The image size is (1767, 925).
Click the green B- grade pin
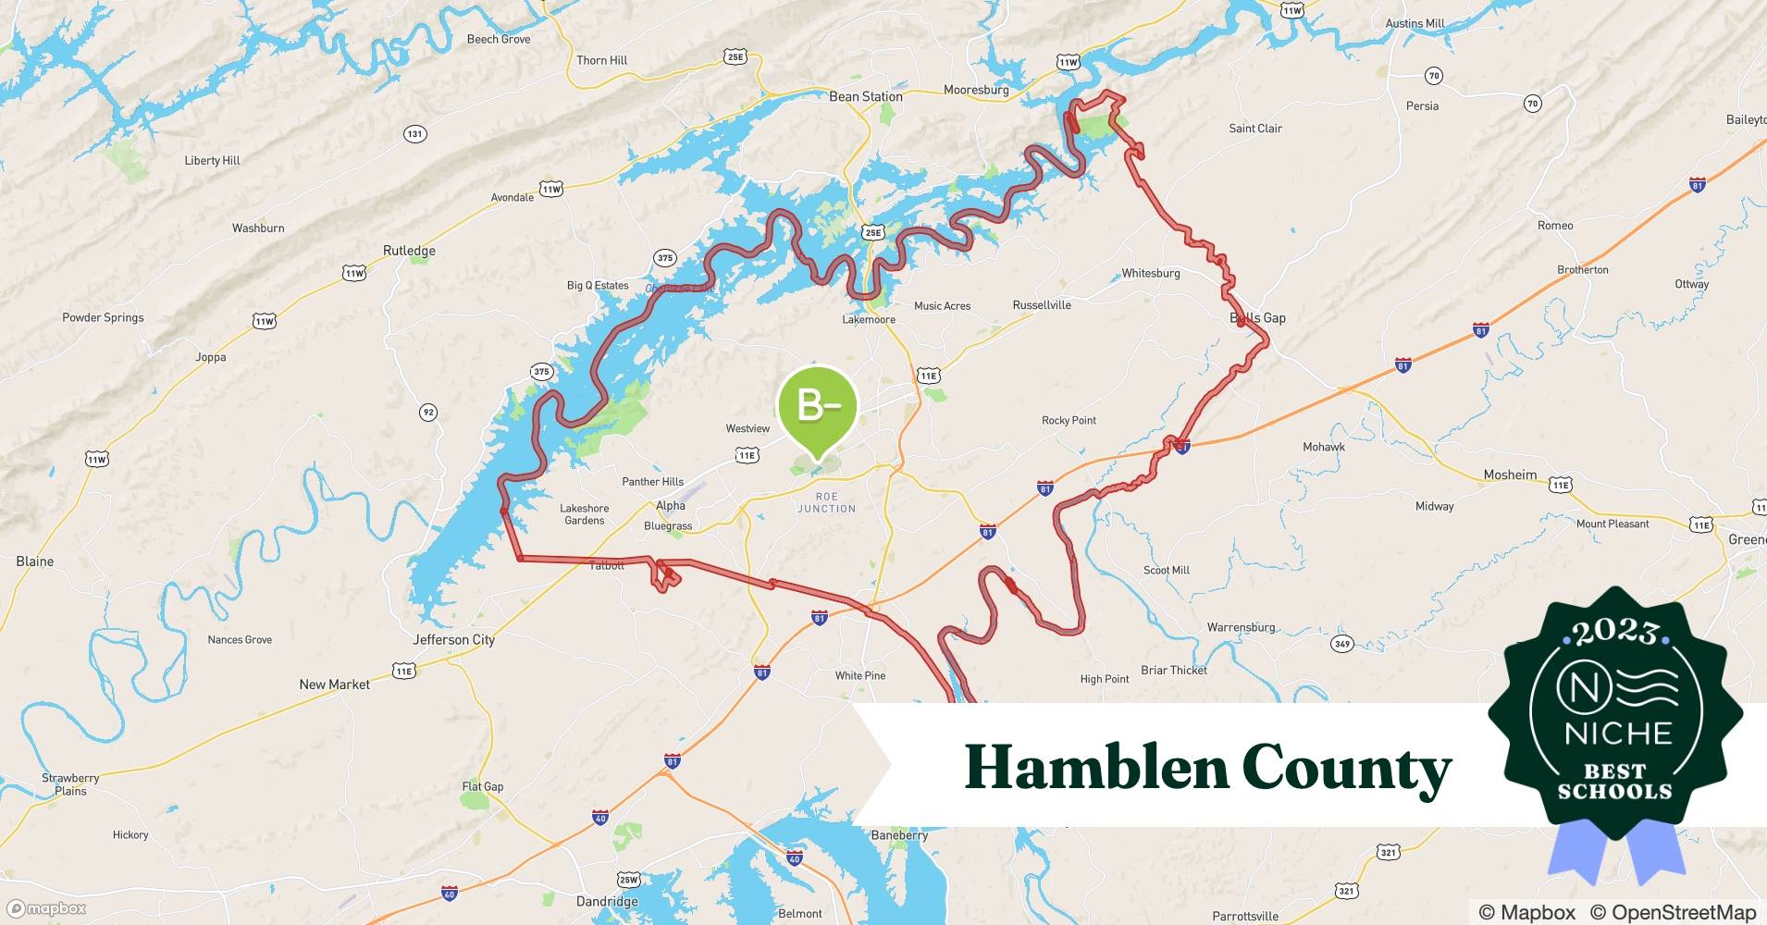pyautogui.click(x=818, y=407)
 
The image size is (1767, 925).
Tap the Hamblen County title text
pyautogui.click(x=1207, y=768)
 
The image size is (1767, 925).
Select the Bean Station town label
pyautogui.click(x=865, y=96)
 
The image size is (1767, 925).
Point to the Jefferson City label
pyautogui.click(x=453, y=639)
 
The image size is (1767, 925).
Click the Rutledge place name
pyautogui.click(x=409, y=251)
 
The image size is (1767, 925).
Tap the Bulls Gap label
pyautogui.click(x=1257, y=318)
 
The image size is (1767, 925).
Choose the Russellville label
pyautogui.click(x=1042, y=305)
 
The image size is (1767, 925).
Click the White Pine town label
pyautogui.click(x=859, y=675)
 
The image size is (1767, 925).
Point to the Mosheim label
pyautogui.click(x=1510, y=475)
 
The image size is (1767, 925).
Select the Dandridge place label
pyautogui.click(x=607, y=901)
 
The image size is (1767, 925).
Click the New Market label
pyautogui.click(x=334, y=684)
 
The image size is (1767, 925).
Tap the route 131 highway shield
pyautogui.click(x=414, y=134)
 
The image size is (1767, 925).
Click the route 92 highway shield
pyautogui.click(x=427, y=413)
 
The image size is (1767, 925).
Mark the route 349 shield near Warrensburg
pyautogui.click(x=1341, y=644)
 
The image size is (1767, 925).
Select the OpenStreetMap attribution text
pyautogui.click(x=1673, y=912)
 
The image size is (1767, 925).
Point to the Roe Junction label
pyautogui.click(x=826, y=502)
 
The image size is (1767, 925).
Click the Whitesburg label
pyautogui.click(x=1150, y=273)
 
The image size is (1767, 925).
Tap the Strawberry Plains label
pyautogui.click(x=70, y=784)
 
